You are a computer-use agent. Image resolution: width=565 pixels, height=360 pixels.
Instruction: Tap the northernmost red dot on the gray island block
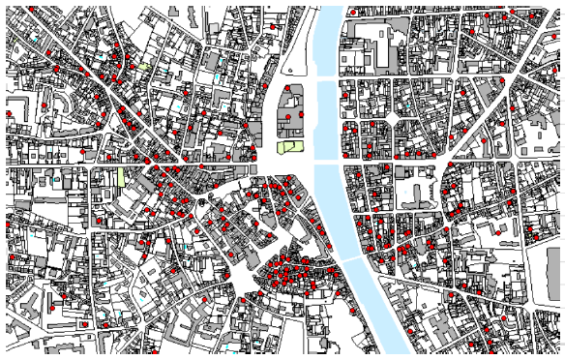288,88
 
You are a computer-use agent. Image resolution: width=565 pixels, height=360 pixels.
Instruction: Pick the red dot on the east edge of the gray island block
303,114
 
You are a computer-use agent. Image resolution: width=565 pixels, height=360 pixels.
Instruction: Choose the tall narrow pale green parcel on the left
121,176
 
